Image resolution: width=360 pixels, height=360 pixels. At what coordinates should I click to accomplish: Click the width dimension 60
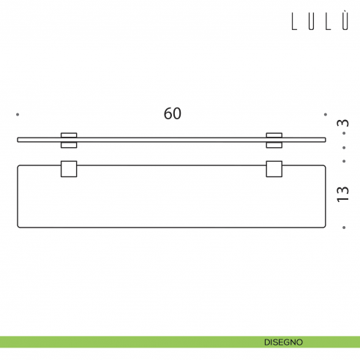[x=173, y=113]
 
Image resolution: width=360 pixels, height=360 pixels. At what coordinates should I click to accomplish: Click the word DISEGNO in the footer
[x=285, y=342]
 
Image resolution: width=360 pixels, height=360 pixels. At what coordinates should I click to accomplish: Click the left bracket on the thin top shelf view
[x=69, y=138]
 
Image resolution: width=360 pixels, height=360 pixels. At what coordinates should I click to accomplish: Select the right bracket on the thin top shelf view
[x=274, y=138]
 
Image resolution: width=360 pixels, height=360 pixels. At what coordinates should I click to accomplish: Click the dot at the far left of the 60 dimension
[x=18, y=114]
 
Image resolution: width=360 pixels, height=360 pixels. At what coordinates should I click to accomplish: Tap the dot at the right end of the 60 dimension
[x=326, y=114]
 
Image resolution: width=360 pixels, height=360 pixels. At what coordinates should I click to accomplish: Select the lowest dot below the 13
[x=345, y=227]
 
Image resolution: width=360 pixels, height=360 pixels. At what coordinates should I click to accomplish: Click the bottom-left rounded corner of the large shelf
[x=20, y=224]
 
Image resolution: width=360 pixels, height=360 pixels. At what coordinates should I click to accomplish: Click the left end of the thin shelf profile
[x=18, y=138]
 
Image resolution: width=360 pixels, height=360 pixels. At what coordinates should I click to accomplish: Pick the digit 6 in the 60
[x=168, y=113]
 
